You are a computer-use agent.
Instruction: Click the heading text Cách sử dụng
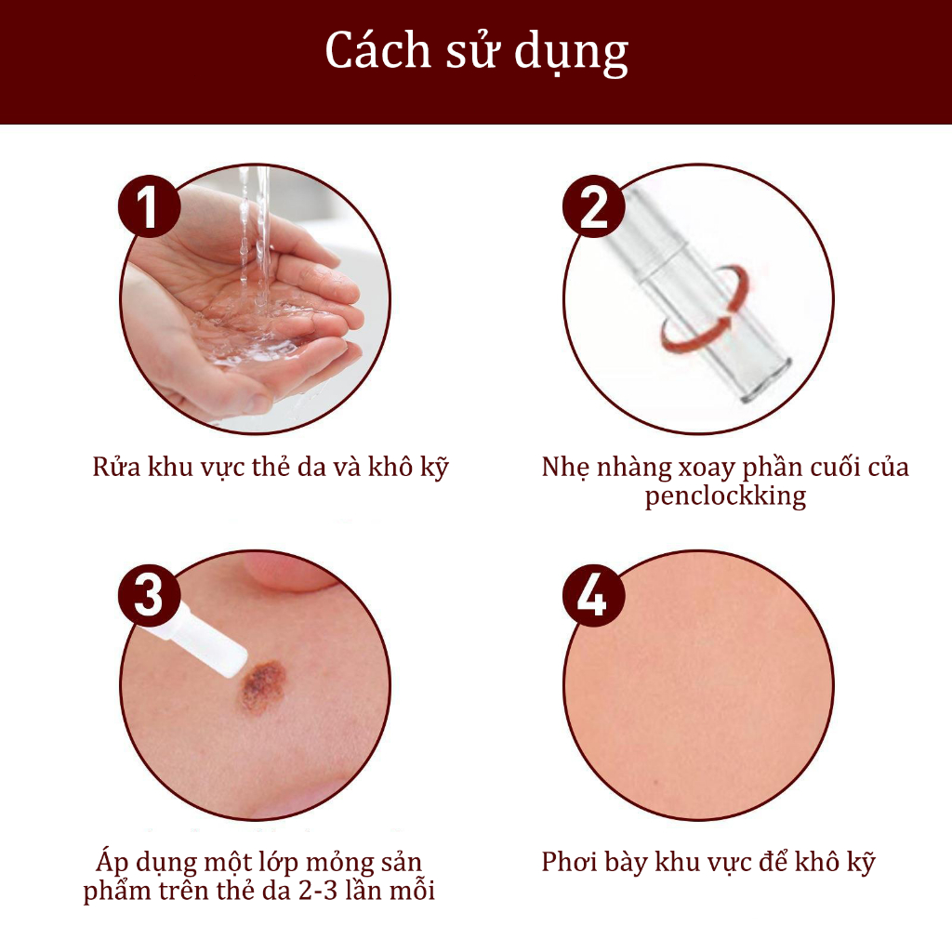point(477,52)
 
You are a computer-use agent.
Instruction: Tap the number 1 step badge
point(150,206)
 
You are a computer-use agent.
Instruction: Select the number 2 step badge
point(593,206)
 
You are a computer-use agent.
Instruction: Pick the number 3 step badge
point(150,595)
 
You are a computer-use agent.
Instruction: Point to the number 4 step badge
point(593,595)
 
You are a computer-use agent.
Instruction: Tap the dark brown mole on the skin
point(263,686)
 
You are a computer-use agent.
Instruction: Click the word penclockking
point(725,496)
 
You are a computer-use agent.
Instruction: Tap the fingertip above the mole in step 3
point(291,574)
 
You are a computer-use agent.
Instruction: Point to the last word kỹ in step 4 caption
point(861,862)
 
